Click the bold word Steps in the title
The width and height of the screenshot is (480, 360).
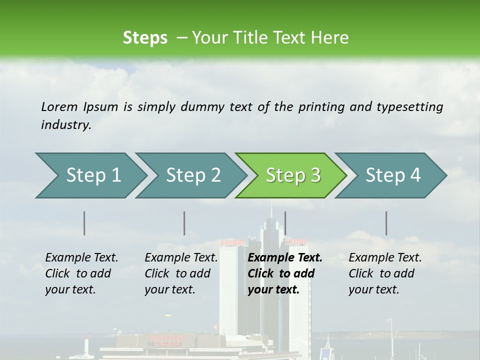(x=145, y=38)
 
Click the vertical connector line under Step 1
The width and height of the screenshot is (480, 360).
(x=84, y=223)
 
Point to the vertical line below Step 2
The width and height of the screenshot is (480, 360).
(x=184, y=223)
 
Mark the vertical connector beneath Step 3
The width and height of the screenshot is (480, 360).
(x=285, y=223)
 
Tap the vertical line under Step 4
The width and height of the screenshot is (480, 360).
(x=386, y=223)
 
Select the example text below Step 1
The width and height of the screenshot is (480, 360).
(x=81, y=273)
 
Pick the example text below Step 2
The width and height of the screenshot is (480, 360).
(x=181, y=273)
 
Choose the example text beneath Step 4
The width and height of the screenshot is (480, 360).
(x=385, y=273)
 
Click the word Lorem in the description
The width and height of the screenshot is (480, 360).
(x=59, y=107)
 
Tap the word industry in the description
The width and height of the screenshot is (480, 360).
(x=65, y=125)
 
